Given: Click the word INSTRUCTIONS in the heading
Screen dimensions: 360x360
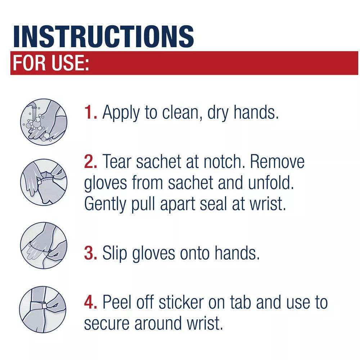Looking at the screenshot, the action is [104, 36].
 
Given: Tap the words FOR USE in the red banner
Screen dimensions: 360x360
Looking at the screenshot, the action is [51, 63].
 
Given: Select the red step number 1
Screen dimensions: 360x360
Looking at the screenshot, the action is [90, 112].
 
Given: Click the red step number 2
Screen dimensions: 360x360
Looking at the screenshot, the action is [90, 161].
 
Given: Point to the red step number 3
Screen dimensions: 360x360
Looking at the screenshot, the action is [90, 253].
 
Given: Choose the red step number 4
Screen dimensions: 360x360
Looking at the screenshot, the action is [90, 302].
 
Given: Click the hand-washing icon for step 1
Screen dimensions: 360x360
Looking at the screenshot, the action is [44, 122].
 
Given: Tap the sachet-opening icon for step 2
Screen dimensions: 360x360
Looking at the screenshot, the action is [44, 182].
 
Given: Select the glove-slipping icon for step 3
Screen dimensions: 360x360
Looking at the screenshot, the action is [44, 246].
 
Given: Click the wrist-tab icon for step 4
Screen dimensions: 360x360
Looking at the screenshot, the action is [43, 309].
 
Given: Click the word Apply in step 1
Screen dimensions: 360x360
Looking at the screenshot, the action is [121, 113].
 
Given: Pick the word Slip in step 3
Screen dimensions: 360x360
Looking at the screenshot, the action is [114, 253].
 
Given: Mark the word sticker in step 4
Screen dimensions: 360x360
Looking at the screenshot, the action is [181, 302].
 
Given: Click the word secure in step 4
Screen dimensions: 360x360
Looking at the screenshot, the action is [107, 324].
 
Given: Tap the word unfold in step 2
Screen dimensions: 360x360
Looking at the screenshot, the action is [271, 183].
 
